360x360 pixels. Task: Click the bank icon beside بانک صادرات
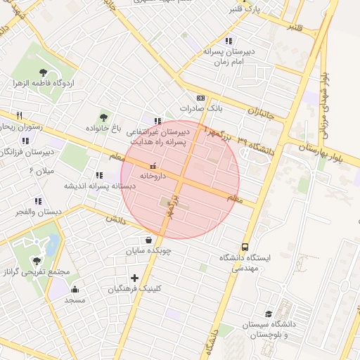point(201,98)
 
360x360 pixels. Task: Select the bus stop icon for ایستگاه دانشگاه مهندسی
point(245,247)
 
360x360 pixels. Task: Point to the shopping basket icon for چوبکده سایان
point(148,240)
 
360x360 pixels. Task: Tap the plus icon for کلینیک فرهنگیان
point(134,278)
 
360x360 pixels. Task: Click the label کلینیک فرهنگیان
point(137,288)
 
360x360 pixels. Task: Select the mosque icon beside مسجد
point(75,289)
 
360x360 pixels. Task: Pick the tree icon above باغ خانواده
point(104,117)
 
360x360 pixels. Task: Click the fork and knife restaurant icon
point(20,115)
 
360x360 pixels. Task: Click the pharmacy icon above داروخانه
point(153,166)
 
